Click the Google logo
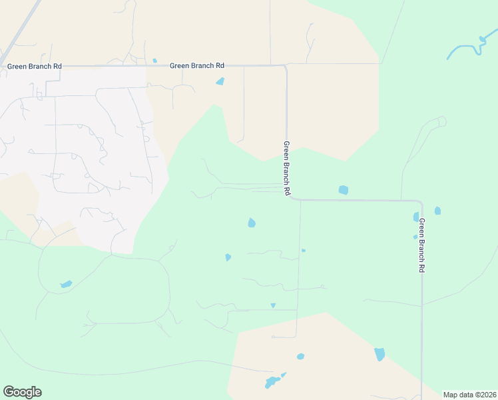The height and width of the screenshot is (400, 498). [x=22, y=392]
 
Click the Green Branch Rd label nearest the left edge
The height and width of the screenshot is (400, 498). [x=35, y=66]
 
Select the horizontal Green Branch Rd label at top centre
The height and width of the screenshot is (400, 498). [x=197, y=65]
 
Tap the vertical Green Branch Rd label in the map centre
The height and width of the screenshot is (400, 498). [x=287, y=168]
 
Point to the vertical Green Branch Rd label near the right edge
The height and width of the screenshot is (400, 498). [x=421, y=245]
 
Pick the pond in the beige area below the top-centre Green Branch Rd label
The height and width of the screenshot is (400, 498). [x=220, y=82]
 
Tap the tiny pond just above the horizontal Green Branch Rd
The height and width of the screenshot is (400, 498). [x=154, y=61]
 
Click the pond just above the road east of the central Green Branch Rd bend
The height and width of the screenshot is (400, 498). [x=343, y=190]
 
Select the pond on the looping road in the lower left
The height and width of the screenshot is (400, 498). [x=66, y=285]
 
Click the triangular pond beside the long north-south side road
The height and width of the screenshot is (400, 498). [x=273, y=305]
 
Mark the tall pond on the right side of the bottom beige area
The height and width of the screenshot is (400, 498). [x=379, y=354]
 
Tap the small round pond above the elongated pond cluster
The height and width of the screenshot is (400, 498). [x=300, y=356]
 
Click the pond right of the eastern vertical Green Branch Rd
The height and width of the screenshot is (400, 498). [x=437, y=211]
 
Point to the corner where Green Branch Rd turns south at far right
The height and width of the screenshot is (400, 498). [x=421, y=202]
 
